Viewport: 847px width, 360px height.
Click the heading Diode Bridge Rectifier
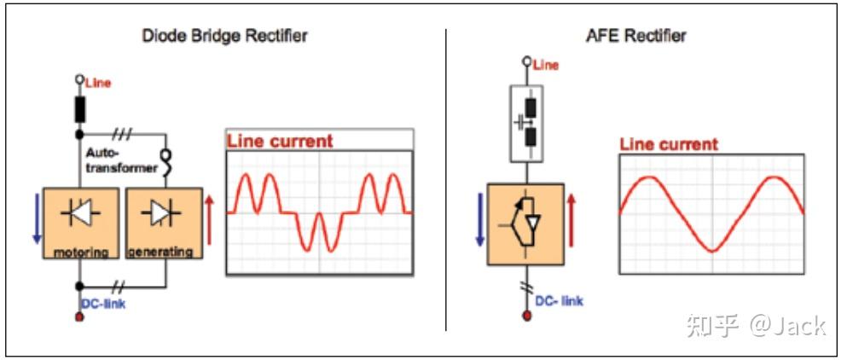[224, 36]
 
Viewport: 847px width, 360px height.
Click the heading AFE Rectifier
[635, 36]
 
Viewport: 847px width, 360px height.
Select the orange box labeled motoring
[81, 224]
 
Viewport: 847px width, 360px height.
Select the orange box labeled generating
[165, 224]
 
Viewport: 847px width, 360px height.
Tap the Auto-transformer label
[121, 160]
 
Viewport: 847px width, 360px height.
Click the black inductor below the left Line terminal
[79, 110]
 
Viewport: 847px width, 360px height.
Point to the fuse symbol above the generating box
[165, 162]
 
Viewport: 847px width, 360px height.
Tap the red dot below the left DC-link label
[80, 316]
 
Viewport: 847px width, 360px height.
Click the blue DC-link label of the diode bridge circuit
[104, 304]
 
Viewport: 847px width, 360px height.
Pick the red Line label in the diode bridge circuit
[98, 84]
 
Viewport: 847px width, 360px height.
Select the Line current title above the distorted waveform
[280, 141]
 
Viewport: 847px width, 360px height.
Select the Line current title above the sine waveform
[669, 144]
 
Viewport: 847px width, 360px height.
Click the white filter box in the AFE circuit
[526, 124]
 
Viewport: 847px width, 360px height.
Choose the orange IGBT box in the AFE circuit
[525, 224]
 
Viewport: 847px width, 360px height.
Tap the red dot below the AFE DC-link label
[526, 315]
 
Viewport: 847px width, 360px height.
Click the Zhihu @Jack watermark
[756, 326]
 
